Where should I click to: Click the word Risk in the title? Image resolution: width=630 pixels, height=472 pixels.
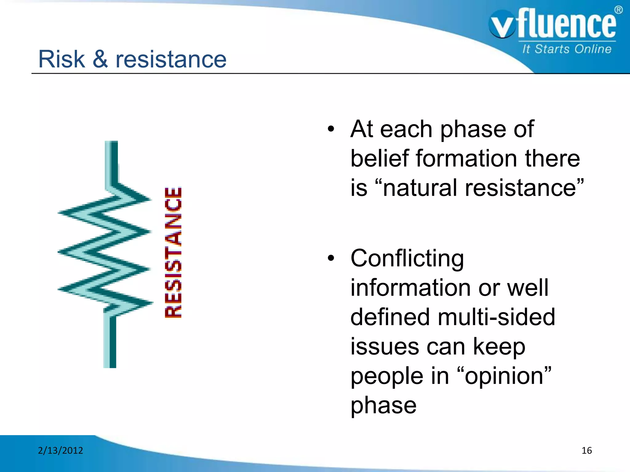(x=61, y=59)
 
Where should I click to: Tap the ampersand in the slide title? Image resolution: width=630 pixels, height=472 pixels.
(x=100, y=59)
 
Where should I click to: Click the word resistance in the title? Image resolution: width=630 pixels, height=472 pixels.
(x=171, y=59)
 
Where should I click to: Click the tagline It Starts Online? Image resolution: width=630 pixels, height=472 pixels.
(x=567, y=49)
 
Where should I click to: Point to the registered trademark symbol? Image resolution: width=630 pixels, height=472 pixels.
(x=619, y=10)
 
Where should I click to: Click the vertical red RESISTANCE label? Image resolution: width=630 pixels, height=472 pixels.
(x=173, y=253)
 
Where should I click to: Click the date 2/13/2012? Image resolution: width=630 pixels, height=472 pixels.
(x=60, y=450)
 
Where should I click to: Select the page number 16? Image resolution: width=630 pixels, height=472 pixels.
(x=587, y=450)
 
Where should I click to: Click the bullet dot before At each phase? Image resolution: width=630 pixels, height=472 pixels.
(x=331, y=129)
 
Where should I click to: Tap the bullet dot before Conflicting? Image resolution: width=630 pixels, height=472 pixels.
(x=331, y=258)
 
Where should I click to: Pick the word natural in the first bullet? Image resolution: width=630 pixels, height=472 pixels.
(x=420, y=188)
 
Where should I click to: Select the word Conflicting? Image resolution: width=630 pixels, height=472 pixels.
(x=407, y=258)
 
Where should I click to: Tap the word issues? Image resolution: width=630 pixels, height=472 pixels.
(x=385, y=347)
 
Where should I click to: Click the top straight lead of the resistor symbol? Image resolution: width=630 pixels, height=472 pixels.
(x=111, y=161)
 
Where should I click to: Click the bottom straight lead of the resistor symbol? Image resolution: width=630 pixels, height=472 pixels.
(x=110, y=341)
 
